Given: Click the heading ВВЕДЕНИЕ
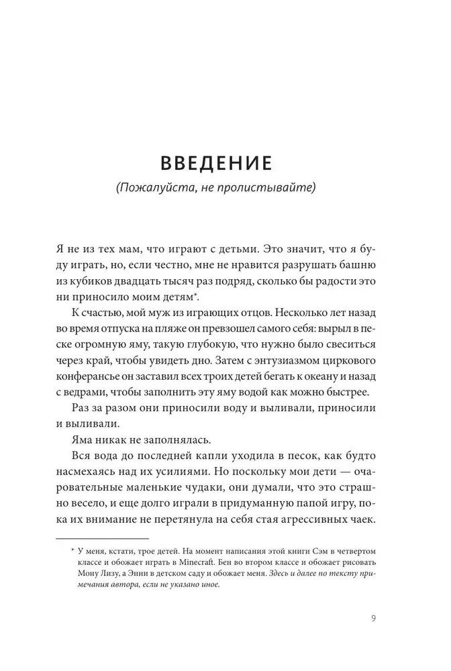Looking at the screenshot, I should point(225,164).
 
